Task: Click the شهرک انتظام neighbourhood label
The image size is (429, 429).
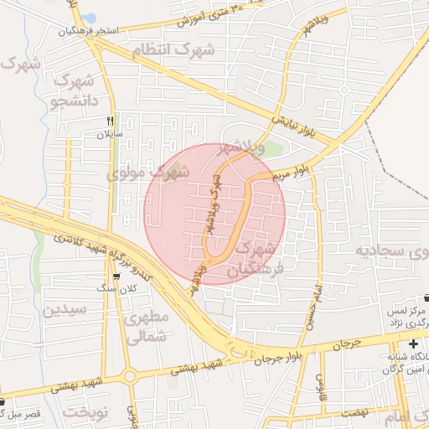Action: pos(179,50)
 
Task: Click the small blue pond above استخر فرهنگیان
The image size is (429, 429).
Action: pos(90,18)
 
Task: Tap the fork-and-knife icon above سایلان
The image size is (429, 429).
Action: pos(110,121)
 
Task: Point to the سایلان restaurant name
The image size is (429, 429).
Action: pos(110,134)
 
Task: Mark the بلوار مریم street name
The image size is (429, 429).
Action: pos(292,172)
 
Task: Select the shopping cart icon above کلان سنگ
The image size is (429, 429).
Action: pos(116,276)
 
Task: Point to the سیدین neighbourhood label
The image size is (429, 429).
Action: pos(65,309)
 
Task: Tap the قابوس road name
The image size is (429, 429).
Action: pos(320,385)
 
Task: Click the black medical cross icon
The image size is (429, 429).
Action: pos(413,344)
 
